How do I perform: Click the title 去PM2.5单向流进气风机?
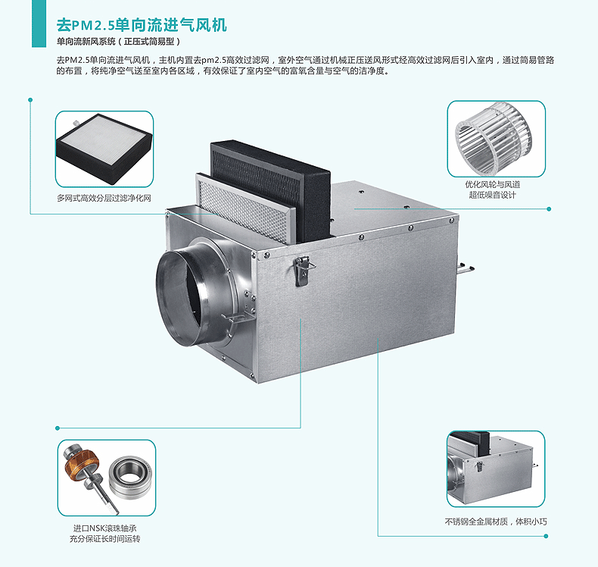click(142, 24)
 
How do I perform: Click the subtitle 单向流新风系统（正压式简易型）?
click(117, 42)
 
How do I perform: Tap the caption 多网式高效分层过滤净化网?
click(104, 198)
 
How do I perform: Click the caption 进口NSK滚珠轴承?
click(104, 528)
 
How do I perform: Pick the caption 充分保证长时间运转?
click(104, 539)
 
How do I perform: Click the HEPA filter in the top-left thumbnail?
click(104, 149)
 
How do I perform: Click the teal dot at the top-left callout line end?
click(30, 99)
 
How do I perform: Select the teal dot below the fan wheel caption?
click(549, 209)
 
